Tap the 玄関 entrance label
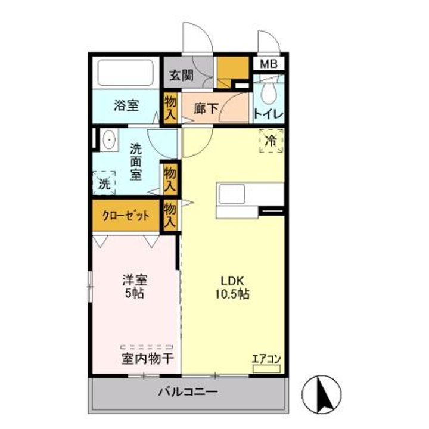[x=181, y=76]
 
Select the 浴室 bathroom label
[x=126, y=106]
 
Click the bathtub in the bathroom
[x=127, y=74]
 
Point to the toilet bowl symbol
[x=269, y=92]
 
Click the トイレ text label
[x=268, y=113]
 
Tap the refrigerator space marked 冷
[x=271, y=141]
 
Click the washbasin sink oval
[x=110, y=140]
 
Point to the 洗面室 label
[x=136, y=161]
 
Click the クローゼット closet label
[x=126, y=216]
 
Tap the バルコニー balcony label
[x=188, y=393]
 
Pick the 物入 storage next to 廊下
[x=170, y=108]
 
